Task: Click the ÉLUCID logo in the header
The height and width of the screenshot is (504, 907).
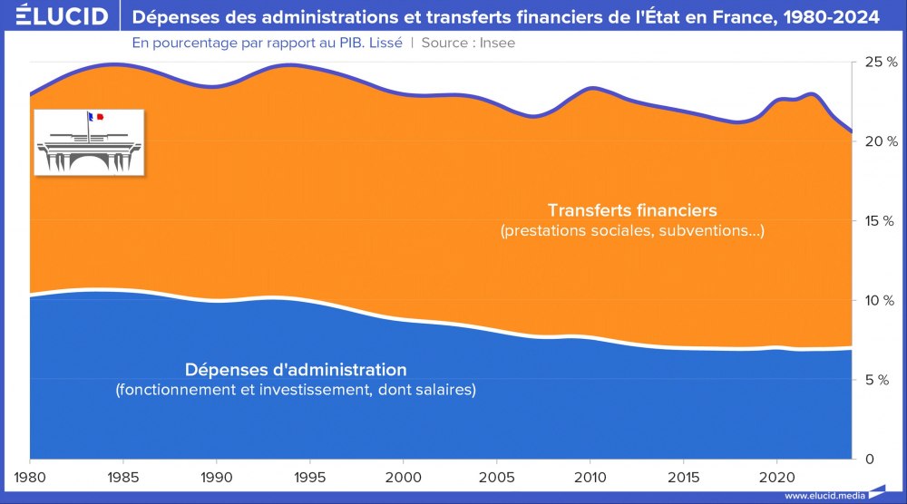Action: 55,16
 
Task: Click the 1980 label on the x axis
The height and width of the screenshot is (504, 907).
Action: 30,477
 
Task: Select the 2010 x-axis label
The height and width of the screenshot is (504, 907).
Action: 590,477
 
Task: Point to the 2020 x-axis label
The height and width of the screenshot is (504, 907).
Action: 776,477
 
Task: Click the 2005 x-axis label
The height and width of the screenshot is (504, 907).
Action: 496,477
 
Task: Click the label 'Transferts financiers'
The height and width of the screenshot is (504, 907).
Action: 632,211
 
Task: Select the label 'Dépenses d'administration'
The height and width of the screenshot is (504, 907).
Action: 296,370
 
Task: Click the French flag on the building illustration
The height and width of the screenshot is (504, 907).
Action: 92,117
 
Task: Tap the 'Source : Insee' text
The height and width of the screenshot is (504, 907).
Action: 468,43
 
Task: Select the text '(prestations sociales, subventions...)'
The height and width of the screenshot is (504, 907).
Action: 632,231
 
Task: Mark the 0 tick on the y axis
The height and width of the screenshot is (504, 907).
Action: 868,459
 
